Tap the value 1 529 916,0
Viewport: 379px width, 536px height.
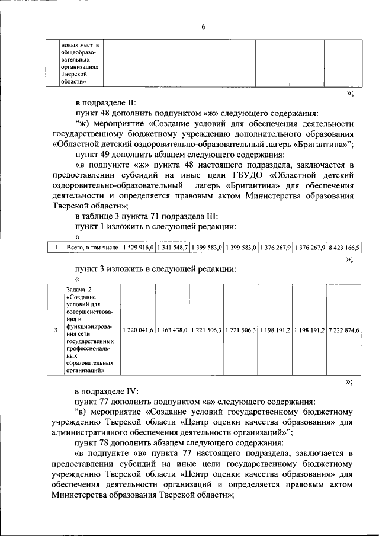pos(139,248)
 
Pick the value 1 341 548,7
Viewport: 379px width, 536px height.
pos(172,248)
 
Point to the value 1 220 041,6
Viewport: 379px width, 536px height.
pos(139,330)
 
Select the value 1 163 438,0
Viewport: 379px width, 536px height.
pos(172,330)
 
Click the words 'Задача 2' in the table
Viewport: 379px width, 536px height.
pos(79,288)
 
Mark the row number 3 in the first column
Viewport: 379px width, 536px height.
pos(55,330)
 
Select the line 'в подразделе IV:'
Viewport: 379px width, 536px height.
pos(107,391)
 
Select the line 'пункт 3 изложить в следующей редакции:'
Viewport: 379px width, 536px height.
pos(156,268)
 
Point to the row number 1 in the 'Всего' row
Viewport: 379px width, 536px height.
pos(55,248)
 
